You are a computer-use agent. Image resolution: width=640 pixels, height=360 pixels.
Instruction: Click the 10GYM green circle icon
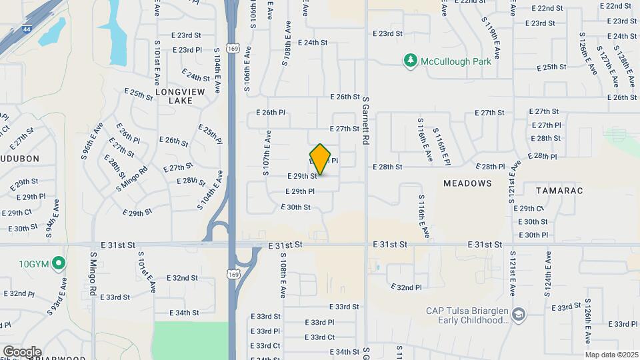(x=59, y=263)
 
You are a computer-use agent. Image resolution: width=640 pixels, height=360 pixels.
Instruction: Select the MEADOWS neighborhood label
(x=467, y=183)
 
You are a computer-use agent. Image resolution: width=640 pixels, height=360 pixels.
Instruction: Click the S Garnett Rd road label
(x=365, y=121)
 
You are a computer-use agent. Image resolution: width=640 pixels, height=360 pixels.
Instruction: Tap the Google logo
(x=22, y=352)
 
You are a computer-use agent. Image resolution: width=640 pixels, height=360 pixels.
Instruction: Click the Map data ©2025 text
(x=611, y=355)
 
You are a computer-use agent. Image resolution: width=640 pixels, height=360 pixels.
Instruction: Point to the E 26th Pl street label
(x=271, y=113)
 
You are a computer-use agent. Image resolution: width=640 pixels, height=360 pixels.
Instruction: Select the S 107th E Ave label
(x=266, y=154)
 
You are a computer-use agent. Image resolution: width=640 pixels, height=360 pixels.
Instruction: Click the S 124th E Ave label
(x=549, y=273)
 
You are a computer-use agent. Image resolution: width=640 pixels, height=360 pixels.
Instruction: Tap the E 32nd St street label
(x=182, y=278)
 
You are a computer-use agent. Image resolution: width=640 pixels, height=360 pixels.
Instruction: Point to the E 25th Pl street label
(x=210, y=133)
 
